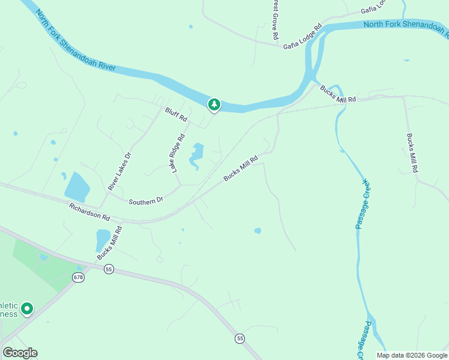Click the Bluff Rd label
(176, 115)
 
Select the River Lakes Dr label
(119, 172)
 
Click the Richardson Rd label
(89, 212)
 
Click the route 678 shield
(78, 277)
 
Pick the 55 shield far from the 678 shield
(240, 338)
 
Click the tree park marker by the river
(214, 105)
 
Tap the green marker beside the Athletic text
(26, 309)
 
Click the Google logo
(20, 353)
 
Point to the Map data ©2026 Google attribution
(411, 355)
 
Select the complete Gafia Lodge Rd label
(303, 37)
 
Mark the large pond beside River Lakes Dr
(76, 187)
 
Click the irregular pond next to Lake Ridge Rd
(196, 155)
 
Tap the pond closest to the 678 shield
(103, 240)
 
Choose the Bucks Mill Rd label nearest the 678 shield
(110, 243)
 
